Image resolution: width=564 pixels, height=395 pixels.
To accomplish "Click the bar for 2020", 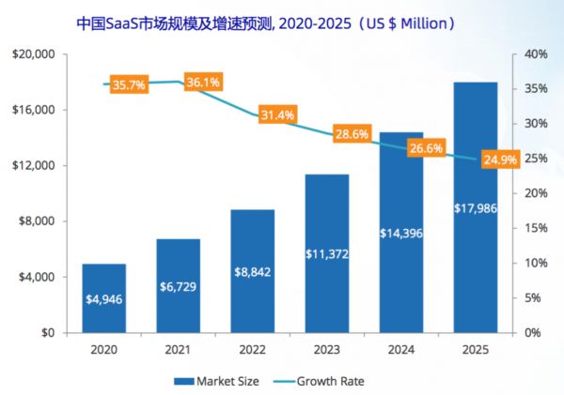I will pyautogui.click(x=103, y=298).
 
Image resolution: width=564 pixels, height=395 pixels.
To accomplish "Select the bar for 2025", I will pyautogui.click(x=476, y=206).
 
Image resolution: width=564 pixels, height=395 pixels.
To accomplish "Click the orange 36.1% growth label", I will pyautogui.click(x=203, y=83).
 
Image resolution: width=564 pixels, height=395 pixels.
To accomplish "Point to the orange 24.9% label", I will pyautogui.click(x=500, y=160).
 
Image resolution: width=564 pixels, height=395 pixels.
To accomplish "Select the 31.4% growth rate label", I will pyautogui.click(x=277, y=115).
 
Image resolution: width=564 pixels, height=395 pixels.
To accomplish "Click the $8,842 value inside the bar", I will pyautogui.click(x=252, y=273).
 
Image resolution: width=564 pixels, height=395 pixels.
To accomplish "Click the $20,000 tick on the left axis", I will pyautogui.click(x=35, y=54).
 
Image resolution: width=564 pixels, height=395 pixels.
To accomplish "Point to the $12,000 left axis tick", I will pyautogui.click(x=35, y=166).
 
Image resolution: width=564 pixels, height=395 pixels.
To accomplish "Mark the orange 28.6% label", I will pyautogui.click(x=352, y=135).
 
